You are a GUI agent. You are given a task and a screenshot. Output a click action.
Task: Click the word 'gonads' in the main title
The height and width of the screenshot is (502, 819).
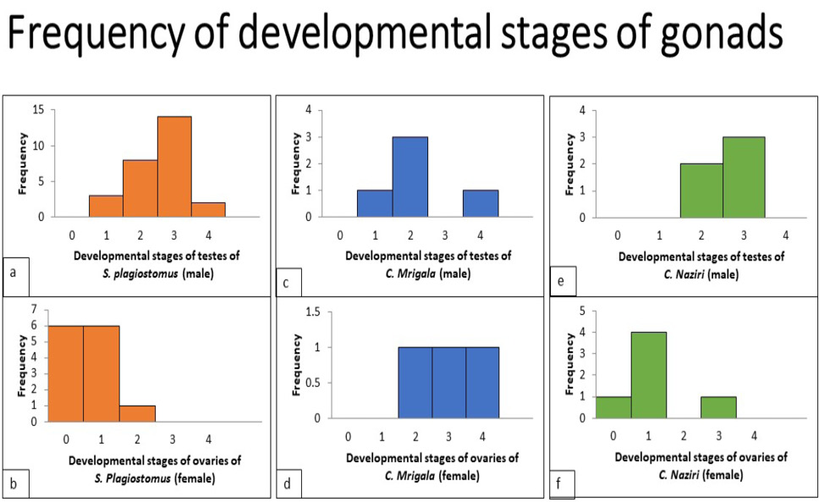[722, 32]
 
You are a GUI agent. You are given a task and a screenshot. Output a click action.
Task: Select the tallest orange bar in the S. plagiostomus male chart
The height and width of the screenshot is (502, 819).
[174, 166]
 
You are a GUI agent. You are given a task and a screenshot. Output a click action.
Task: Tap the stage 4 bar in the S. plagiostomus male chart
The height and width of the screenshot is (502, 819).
[208, 209]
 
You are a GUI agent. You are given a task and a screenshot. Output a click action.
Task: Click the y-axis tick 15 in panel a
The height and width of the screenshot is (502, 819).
[38, 110]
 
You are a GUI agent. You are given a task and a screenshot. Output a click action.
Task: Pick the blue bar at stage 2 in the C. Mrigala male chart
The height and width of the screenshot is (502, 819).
[410, 177]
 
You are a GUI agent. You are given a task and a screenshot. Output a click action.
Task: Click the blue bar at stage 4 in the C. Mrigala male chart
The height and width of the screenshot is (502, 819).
[481, 203]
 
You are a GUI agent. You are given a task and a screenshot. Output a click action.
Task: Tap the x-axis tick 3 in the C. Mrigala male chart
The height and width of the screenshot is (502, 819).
[445, 235]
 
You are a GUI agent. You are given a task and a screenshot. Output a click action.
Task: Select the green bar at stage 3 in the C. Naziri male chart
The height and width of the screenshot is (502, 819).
[744, 177]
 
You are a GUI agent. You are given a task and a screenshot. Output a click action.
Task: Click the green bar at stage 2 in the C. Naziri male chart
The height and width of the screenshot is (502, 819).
[701, 190]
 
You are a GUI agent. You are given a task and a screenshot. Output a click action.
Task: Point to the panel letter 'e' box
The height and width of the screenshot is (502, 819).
[563, 281]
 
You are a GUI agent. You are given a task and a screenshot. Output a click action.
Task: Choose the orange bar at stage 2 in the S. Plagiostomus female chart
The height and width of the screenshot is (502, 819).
[137, 413]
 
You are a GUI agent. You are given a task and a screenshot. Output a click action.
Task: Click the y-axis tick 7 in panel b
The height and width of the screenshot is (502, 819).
[34, 310]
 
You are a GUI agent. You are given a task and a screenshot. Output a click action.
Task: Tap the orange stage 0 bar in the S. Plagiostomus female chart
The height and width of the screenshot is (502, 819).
[65, 373]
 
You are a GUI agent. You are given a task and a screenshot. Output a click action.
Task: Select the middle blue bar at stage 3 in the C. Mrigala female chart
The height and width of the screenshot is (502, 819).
[448, 383]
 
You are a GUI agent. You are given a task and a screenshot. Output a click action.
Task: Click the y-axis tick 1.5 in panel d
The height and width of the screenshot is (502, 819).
[313, 312]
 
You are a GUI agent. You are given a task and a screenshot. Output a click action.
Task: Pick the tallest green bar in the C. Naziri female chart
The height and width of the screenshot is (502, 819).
[649, 374]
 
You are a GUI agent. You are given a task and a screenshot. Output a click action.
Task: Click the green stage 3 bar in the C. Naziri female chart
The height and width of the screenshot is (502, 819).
[718, 407]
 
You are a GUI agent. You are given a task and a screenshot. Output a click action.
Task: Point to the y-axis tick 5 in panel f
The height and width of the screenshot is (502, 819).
[582, 311]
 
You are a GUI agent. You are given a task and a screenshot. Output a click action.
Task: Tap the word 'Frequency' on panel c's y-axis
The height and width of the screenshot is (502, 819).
[296, 163]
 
